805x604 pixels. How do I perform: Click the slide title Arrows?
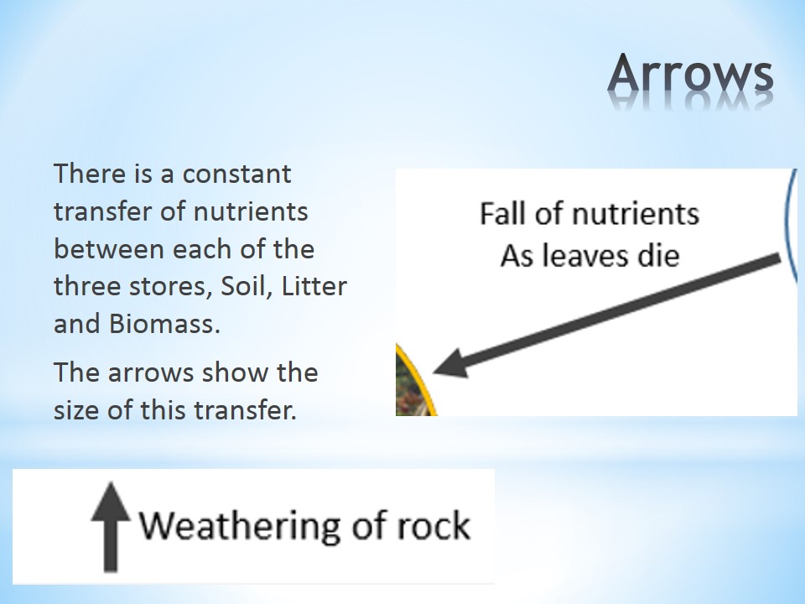tap(690, 73)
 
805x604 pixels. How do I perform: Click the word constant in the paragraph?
tap(236, 174)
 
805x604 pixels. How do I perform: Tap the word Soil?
tap(246, 286)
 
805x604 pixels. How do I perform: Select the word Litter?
tap(314, 286)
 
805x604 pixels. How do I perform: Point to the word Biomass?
tap(164, 324)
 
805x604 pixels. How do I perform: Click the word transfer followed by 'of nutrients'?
tap(102, 211)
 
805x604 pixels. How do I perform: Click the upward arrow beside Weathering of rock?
tap(111, 527)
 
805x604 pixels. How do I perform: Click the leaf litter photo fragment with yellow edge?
tap(412, 385)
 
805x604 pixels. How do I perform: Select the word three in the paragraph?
tap(86, 286)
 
